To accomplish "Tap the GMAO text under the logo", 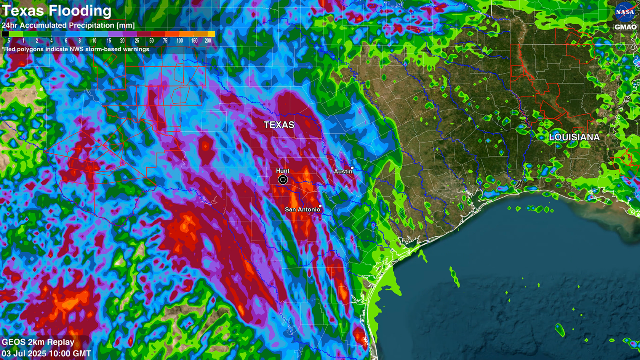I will pyautogui.click(x=625, y=27).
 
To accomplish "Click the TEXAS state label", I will pyautogui.click(x=279, y=125).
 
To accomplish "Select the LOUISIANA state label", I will pyautogui.click(x=574, y=137).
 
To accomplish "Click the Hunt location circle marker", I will pyautogui.click(x=282, y=180).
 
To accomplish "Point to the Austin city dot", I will pyautogui.click(x=352, y=168).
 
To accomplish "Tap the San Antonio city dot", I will pyautogui.click(x=320, y=206).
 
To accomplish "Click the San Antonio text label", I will pyautogui.click(x=302, y=210).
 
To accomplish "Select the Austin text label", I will pyautogui.click(x=343, y=172).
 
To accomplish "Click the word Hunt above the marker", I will pyautogui.click(x=282, y=171).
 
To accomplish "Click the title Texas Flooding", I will pyautogui.click(x=57, y=11).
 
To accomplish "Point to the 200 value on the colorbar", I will pyautogui.click(x=208, y=41).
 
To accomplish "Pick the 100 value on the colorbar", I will pyautogui.click(x=180, y=41).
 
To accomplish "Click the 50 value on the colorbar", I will pyautogui.click(x=151, y=41).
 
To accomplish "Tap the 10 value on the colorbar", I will pyautogui.click(x=94, y=41).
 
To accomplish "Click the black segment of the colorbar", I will pyautogui.click(x=5, y=34).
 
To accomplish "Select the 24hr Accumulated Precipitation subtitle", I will pyautogui.click(x=68, y=25).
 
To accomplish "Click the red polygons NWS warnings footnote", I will pyautogui.click(x=75, y=49).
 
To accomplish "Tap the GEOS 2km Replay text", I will pyautogui.click(x=38, y=342).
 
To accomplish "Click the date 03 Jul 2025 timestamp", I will pyautogui.click(x=46, y=354).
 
